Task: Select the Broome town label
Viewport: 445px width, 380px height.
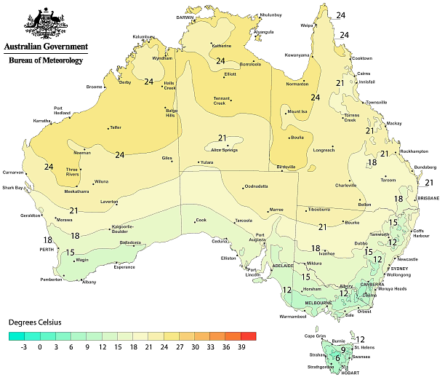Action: point(95,87)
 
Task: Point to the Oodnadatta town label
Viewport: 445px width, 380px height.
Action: point(256,186)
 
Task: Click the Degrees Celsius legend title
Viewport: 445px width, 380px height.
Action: point(35,321)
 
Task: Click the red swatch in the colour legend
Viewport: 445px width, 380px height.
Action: point(248,336)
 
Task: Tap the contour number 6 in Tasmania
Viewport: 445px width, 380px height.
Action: point(337,357)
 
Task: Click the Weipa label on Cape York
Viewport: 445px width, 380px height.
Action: point(306,25)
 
